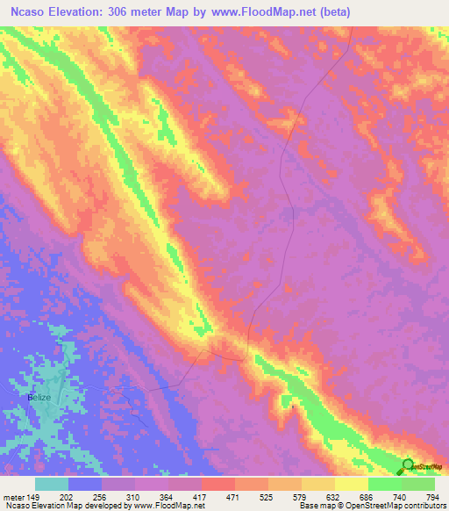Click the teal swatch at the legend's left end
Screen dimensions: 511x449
(52, 484)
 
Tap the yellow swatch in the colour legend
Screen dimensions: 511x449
(352, 484)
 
